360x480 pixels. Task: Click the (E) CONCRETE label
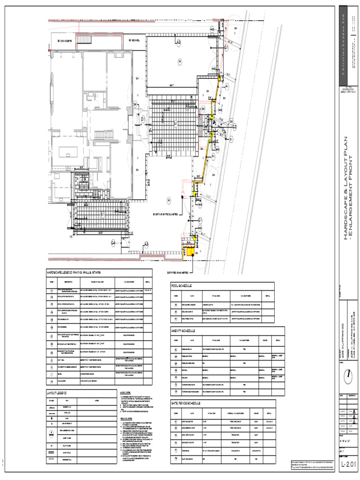click(x=64, y=41)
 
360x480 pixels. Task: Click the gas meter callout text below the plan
click(x=178, y=272)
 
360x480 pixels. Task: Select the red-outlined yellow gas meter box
click(x=190, y=252)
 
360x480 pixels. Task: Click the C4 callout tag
click(x=113, y=242)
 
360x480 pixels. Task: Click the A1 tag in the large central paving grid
click(x=176, y=123)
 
